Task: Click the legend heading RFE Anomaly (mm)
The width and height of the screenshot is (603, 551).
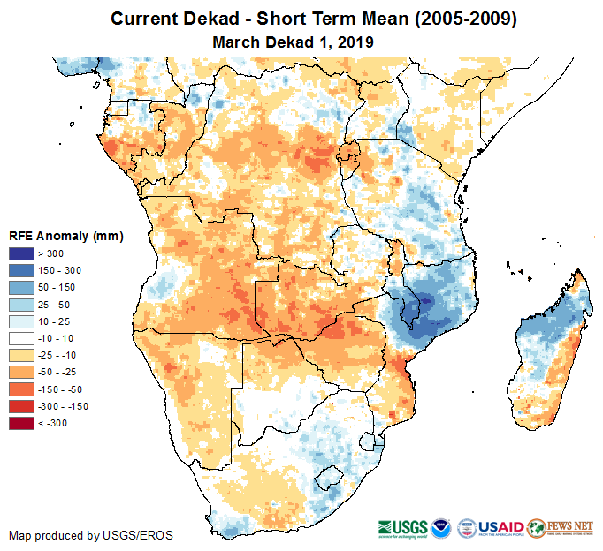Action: click(x=66, y=237)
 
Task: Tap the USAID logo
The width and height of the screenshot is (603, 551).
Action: click(x=502, y=525)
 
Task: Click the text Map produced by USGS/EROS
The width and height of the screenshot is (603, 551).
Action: click(x=91, y=535)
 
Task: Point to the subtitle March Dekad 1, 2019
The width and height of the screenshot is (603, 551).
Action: click(x=294, y=42)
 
